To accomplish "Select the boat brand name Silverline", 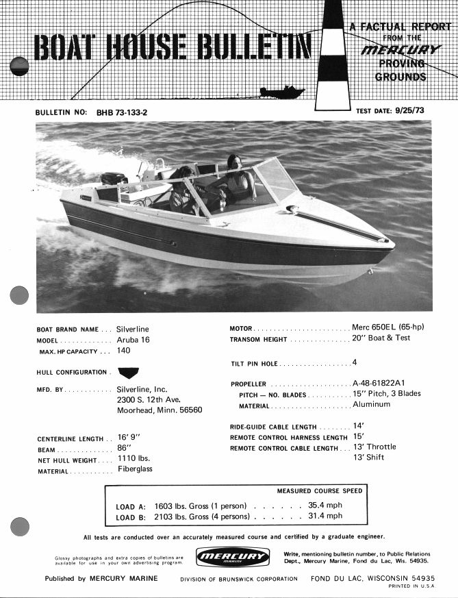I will tap(133, 329).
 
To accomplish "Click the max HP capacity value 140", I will tap(124, 351).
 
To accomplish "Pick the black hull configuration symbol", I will tap(128, 372).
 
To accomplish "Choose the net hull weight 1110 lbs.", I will tap(133, 458).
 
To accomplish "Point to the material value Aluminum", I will tap(371, 404).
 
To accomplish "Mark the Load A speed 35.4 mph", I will tap(325, 506).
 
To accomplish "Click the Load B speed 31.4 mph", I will tap(325, 516).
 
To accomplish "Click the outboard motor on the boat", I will tap(114, 179).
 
